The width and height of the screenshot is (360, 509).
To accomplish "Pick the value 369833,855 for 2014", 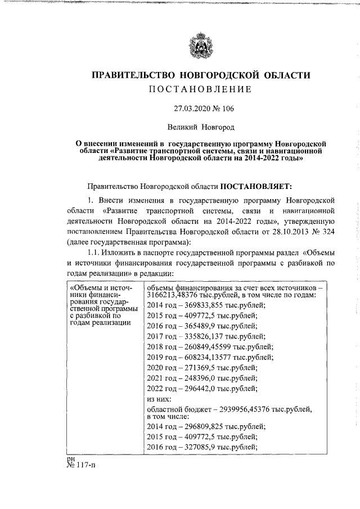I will pos(193,305).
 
